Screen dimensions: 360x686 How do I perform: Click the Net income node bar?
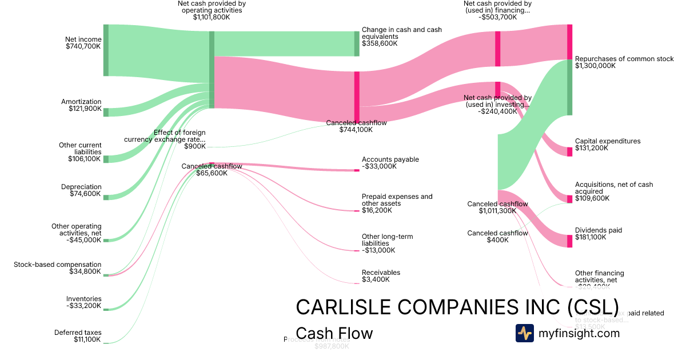click(x=106, y=50)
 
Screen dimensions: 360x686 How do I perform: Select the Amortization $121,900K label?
click(x=81, y=105)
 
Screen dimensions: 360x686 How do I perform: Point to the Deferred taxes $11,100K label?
click(x=78, y=336)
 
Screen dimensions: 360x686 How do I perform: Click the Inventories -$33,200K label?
click(x=83, y=302)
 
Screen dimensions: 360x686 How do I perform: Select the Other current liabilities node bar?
click(x=106, y=159)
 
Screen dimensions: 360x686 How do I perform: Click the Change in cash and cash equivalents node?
click(x=357, y=43)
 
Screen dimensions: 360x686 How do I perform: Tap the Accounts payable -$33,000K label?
click(x=390, y=163)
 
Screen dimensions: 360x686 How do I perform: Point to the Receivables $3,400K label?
click(x=381, y=276)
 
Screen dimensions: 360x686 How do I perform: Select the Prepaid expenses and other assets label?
click(x=397, y=203)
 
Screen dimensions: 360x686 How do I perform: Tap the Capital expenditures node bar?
click(x=569, y=151)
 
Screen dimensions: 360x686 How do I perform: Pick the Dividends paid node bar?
click(x=569, y=241)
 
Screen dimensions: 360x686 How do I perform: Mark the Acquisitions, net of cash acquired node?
click(x=569, y=199)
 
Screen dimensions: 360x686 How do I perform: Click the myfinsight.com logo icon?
click(x=524, y=333)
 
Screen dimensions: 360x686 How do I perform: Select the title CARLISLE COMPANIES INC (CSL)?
click(x=457, y=307)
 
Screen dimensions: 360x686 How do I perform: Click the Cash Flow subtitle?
click(x=334, y=334)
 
